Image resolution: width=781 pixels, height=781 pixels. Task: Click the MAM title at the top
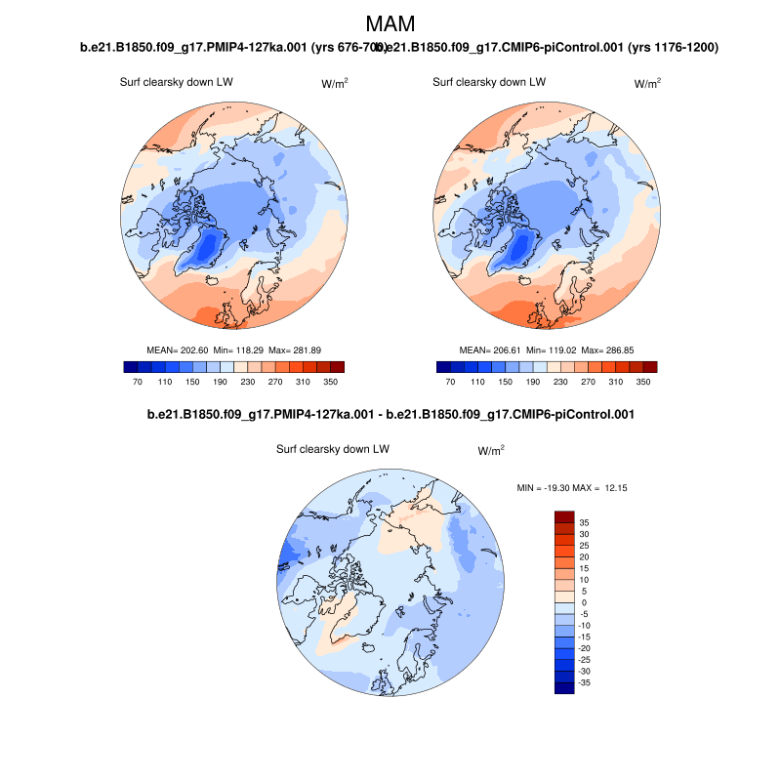390,24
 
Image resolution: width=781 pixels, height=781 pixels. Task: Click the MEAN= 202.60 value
172,349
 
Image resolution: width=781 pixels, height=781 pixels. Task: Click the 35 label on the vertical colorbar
584,522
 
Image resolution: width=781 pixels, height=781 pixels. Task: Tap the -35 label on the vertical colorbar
583,683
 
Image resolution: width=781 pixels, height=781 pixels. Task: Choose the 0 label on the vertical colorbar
584,603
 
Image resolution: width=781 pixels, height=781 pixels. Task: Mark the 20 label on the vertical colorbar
584,557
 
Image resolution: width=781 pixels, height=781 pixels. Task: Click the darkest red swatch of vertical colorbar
564,516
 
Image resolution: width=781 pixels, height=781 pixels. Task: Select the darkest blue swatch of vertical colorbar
564,688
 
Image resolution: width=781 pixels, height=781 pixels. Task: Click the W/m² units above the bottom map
491,451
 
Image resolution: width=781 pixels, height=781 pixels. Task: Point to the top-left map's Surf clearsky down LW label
176,82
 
